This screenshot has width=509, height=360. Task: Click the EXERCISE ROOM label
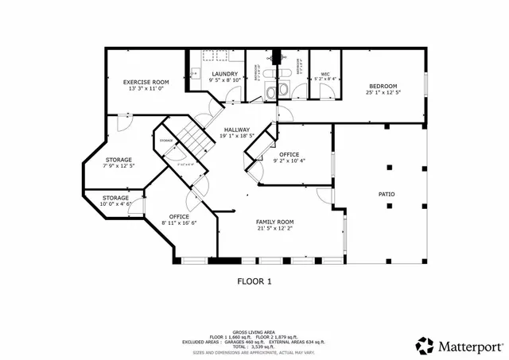pyautogui.click(x=146, y=82)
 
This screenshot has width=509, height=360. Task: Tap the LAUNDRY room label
pyautogui.click(x=224, y=74)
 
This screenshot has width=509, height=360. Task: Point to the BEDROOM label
pyautogui.click(x=382, y=86)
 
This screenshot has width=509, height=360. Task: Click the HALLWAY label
pyautogui.click(x=236, y=130)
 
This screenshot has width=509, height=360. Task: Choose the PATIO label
pyautogui.click(x=387, y=194)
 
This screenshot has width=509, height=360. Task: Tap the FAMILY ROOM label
pyautogui.click(x=274, y=222)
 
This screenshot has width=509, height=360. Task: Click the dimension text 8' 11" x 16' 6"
pyautogui.click(x=179, y=223)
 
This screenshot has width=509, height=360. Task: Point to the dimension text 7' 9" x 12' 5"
pyautogui.click(x=119, y=165)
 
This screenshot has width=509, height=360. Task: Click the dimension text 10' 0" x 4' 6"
pyautogui.click(x=115, y=204)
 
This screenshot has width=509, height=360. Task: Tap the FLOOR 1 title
pyautogui.click(x=254, y=281)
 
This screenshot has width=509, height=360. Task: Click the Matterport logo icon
pyautogui.click(x=425, y=346)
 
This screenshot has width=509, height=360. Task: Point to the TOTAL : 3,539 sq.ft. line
pyautogui.click(x=253, y=346)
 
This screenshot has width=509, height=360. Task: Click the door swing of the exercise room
pyautogui.click(x=123, y=121)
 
